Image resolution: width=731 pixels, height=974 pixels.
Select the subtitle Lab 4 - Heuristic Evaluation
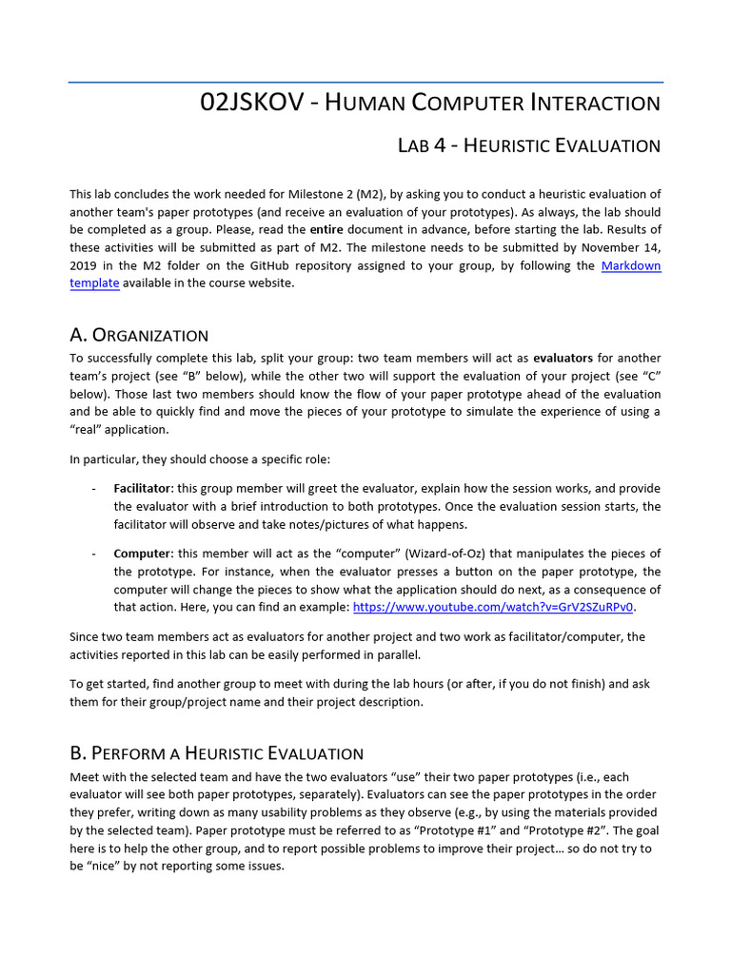pyautogui.click(x=528, y=146)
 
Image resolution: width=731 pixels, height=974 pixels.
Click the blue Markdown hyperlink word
pyautogui.click(x=631, y=265)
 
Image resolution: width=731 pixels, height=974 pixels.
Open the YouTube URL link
pyautogui.click(x=494, y=607)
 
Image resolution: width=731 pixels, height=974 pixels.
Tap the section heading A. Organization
pyautogui.click(x=139, y=335)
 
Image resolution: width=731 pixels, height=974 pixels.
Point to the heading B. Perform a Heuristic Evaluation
pyautogui.click(x=216, y=753)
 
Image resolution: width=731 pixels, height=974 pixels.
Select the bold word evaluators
pyautogui.click(x=563, y=358)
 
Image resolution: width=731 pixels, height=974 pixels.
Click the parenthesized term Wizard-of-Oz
pyautogui.click(x=483, y=554)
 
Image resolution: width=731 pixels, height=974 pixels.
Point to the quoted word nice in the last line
pyautogui.click(x=105, y=867)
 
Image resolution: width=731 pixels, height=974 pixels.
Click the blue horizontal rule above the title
pyautogui.click(x=365, y=83)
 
